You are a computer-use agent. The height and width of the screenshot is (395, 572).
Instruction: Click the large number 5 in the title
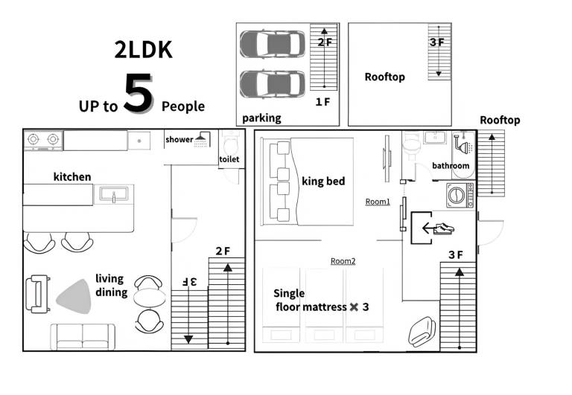(138, 93)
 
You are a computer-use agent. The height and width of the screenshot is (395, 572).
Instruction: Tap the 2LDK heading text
(143, 50)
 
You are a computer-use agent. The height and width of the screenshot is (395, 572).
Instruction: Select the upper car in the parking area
(273, 44)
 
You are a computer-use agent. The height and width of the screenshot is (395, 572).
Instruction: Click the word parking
(261, 118)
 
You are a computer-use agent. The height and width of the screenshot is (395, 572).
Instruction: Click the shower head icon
(201, 140)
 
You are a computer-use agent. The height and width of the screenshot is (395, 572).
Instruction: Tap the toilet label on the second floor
(229, 159)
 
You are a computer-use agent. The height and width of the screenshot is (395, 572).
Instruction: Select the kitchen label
(72, 177)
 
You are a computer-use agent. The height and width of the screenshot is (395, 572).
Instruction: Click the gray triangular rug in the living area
(74, 297)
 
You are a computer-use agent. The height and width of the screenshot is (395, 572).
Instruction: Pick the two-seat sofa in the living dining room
(83, 337)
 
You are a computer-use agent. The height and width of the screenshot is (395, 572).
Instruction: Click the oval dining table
(149, 298)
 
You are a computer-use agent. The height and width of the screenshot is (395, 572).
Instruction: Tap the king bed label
(323, 181)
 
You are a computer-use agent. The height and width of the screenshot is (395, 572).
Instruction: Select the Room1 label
(378, 202)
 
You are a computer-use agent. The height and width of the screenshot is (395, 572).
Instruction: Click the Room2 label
(343, 261)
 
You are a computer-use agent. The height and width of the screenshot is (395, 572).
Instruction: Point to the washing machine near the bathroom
(460, 196)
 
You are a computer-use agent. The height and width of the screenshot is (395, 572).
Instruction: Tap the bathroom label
(451, 166)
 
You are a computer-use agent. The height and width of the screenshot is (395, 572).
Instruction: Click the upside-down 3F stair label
(189, 281)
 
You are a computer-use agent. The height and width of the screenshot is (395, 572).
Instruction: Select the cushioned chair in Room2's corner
(422, 331)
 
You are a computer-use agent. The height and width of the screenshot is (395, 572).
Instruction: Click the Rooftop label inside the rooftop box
(384, 77)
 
